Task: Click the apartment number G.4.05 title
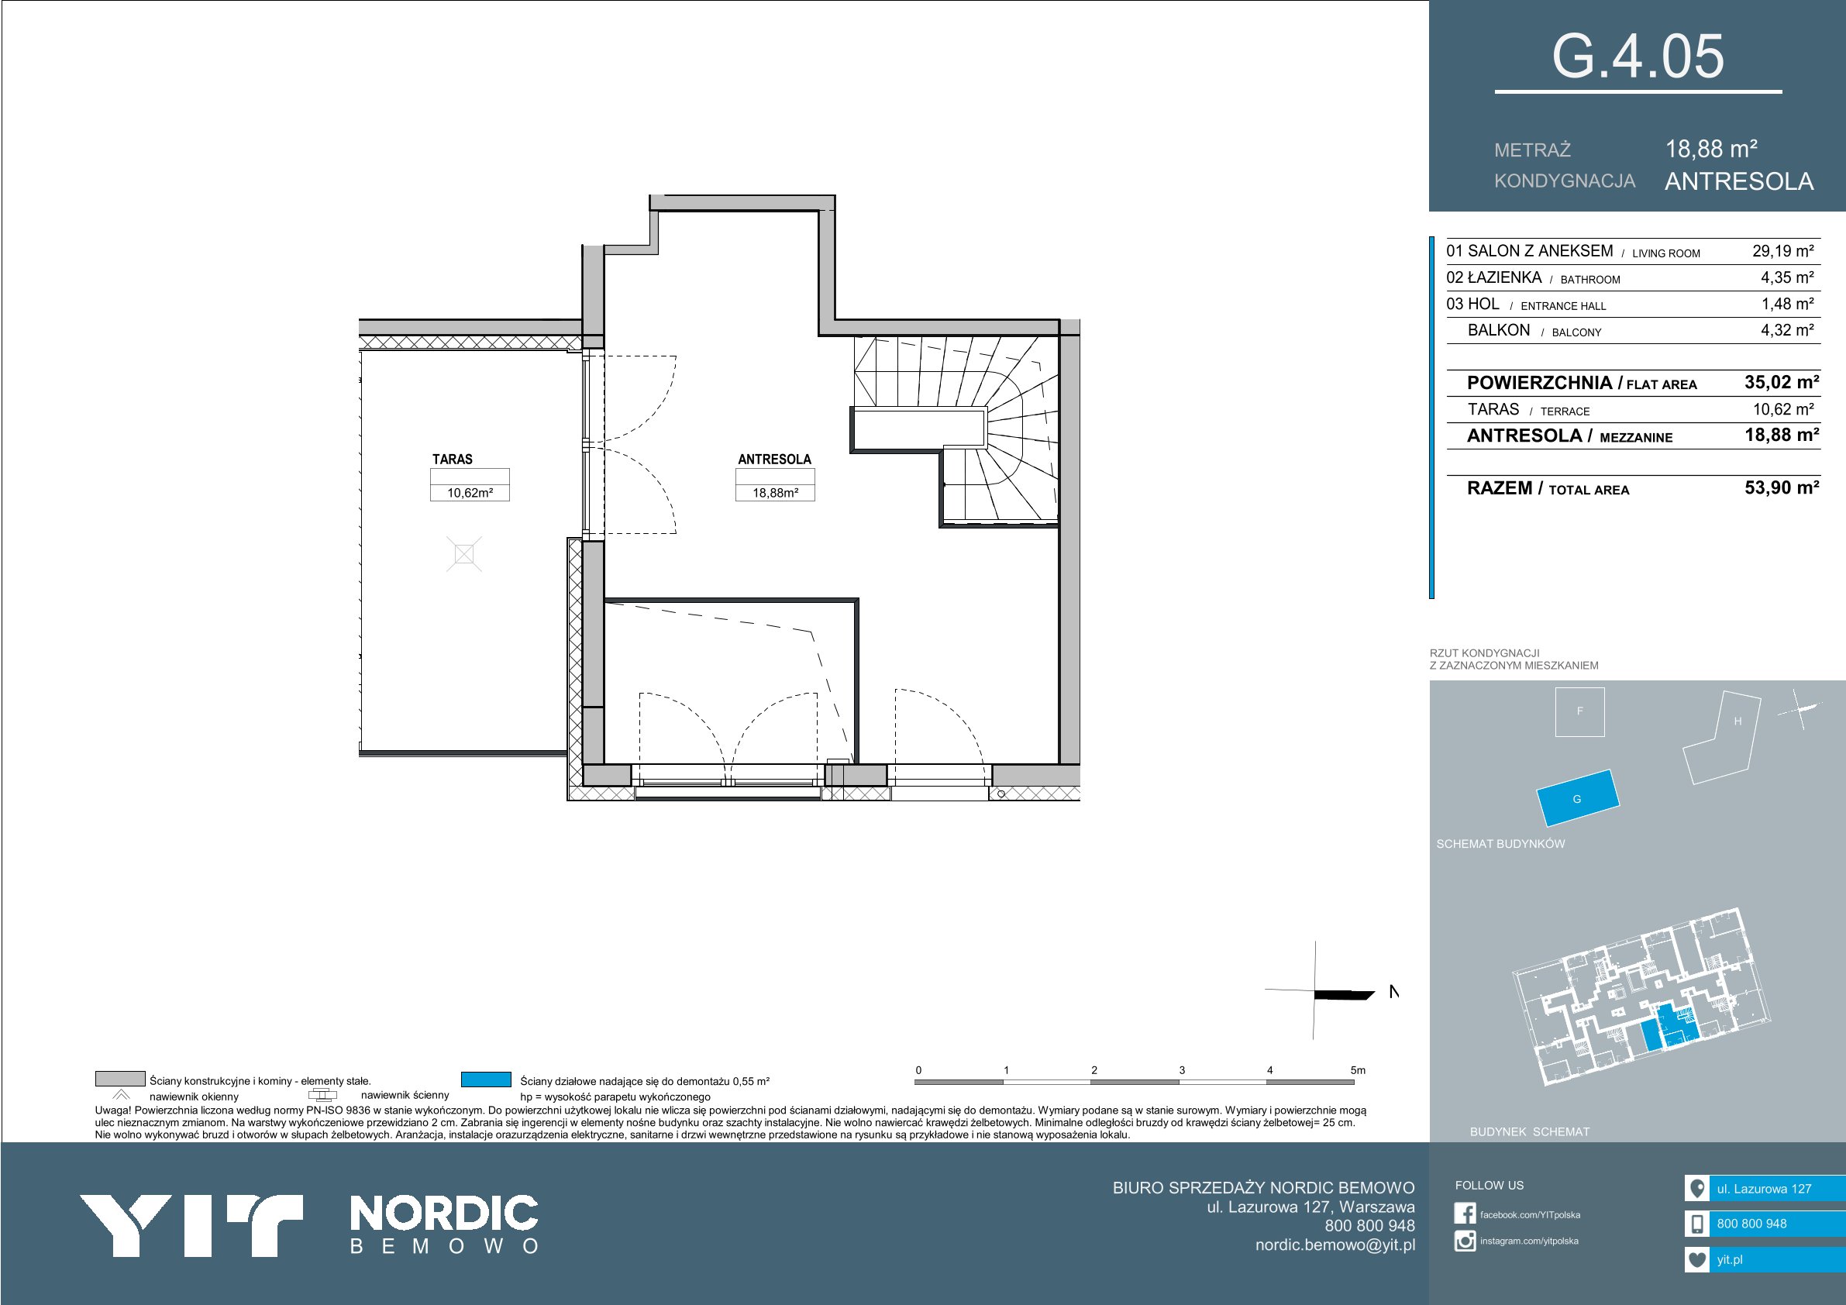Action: pyautogui.click(x=1638, y=57)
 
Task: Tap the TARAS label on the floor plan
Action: pyautogui.click(x=453, y=459)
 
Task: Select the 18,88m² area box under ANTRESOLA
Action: pyautogui.click(x=775, y=493)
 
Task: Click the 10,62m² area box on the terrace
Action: pyautogui.click(x=470, y=493)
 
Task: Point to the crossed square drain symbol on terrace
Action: pyautogui.click(x=464, y=554)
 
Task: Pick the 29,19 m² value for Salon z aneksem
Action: pyautogui.click(x=1782, y=251)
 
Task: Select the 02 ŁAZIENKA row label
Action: pyautogui.click(x=1493, y=277)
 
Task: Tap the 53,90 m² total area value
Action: pyautogui.click(x=1782, y=487)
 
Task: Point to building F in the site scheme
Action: pyautogui.click(x=1580, y=711)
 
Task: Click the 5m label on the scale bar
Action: pyautogui.click(x=1358, y=1070)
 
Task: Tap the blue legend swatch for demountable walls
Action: pyautogui.click(x=487, y=1079)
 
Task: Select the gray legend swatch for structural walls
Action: pyautogui.click(x=120, y=1079)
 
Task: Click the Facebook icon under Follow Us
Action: pyautogui.click(x=1465, y=1214)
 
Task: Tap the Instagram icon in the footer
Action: pyautogui.click(x=1465, y=1241)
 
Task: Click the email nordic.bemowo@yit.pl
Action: pyautogui.click(x=1335, y=1245)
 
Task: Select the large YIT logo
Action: pyautogui.click(x=191, y=1224)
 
